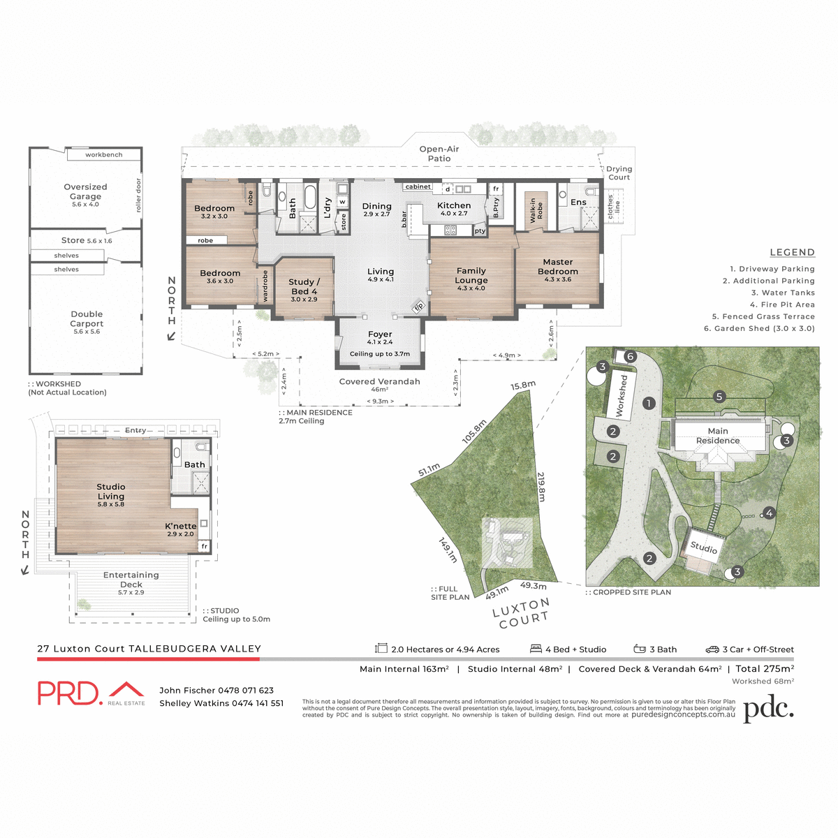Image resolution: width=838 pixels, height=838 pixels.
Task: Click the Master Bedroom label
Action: click(557, 267)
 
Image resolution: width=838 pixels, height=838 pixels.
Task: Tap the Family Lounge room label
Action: click(471, 275)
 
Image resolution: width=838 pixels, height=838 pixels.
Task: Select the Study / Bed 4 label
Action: click(304, 286)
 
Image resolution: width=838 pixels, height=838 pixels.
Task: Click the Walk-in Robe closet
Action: click(536, 209)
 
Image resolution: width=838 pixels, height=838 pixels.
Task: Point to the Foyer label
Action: click(380, 335)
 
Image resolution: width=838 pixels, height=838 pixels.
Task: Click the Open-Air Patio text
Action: click(439, 154)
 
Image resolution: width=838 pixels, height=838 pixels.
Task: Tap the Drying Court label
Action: click(619, 172)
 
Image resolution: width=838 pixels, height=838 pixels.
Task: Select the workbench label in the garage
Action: click(103, 155)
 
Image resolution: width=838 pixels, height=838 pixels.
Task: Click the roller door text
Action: click(138, 195)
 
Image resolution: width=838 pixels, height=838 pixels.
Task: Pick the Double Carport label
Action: click(87, 319)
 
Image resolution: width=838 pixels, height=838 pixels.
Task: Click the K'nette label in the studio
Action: click(180, 526)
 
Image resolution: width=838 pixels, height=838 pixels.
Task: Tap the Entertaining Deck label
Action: click(131, 580)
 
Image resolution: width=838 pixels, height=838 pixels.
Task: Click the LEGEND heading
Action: click(792, 253)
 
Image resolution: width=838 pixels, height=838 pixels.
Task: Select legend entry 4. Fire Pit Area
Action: click(782, 304)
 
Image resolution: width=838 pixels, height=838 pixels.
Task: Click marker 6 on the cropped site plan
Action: click(630, 357)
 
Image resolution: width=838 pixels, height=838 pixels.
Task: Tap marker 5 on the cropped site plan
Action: click(719, 397)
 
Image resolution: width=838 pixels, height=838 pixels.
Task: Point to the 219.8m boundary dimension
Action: click(541, 486)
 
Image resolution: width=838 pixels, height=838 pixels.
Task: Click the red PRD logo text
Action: click(70, 693)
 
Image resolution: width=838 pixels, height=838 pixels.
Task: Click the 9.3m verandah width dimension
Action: click(381, 402)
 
